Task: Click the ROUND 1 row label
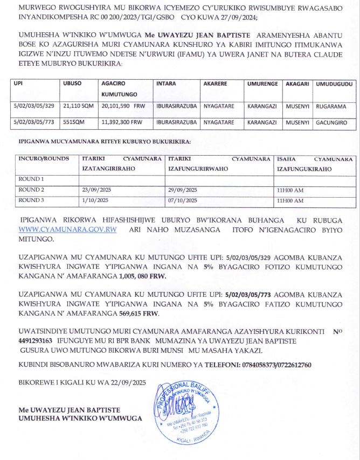pos(31,178)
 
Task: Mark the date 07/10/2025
pos(183,200)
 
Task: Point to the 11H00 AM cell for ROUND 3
pos(290,200)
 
